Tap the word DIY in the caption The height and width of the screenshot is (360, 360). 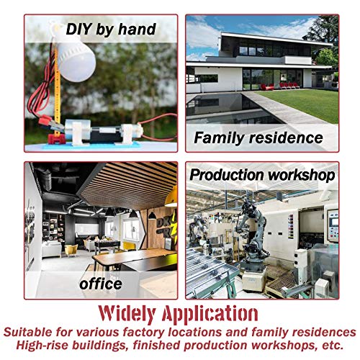78,29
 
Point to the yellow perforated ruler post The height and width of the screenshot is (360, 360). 57,91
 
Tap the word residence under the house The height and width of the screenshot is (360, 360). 286,138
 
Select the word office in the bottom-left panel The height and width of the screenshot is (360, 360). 101,284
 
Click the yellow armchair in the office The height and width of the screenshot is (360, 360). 71,251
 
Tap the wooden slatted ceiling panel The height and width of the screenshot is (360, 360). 127,185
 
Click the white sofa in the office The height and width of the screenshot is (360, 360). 52,249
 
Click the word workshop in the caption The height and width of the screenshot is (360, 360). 302,175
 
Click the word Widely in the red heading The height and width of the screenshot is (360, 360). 127,314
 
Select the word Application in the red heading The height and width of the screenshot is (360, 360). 210,314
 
